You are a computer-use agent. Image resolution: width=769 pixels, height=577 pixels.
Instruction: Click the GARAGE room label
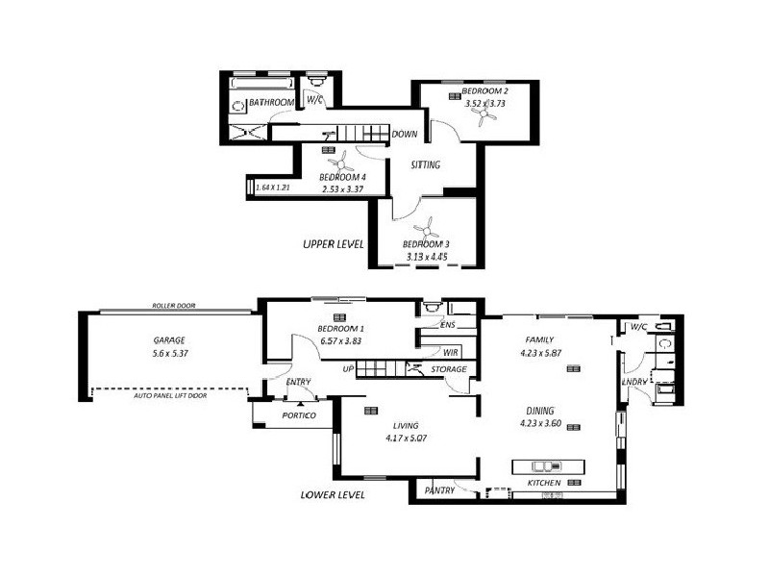point(168,340)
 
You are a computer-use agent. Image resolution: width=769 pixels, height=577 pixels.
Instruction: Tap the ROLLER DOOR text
point(174,306)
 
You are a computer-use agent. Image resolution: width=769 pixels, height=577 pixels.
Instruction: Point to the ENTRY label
point(298,383)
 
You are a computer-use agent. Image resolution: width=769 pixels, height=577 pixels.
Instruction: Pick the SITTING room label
point(425,165)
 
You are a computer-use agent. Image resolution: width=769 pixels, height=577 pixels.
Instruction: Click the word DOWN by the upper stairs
point(404,134)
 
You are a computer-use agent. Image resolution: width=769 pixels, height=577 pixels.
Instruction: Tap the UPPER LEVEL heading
point(334,244)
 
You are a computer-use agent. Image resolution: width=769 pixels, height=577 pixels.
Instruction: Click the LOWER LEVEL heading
point(333,495)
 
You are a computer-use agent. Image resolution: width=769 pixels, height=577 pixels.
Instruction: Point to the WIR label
point(450,353)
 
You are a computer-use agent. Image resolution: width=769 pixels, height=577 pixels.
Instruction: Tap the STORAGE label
point(449,369)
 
